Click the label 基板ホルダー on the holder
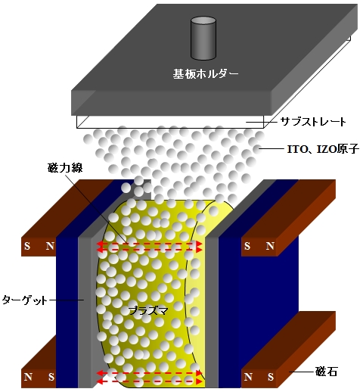point(206,73)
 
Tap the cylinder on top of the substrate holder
point(203,38)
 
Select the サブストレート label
point(313,122)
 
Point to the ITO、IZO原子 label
point(324,149)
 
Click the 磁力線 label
point(65,167)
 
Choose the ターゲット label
point(25,300)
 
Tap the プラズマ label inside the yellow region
point(148,310)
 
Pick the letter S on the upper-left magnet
point(27,246)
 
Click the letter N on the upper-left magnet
point(50,246)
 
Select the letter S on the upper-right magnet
point(247,246)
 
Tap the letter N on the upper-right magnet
point(270,246)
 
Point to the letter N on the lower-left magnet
point(28,377)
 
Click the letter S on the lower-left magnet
point(51,377)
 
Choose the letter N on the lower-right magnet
point(248,377)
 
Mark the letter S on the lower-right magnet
point(271,377)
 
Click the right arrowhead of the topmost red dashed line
point(200,244)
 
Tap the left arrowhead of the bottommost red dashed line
point(100,381)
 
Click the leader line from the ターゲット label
point(67,300)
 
